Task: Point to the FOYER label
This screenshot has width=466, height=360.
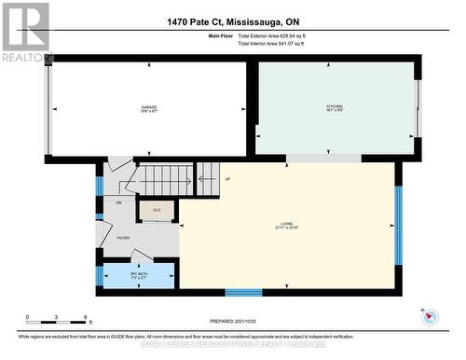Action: tap(123, 238)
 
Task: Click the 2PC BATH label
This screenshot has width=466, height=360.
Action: tap(138, 275)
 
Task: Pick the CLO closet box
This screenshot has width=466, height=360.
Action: tap(157, 211)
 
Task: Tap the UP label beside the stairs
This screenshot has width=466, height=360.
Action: tap(227, 179)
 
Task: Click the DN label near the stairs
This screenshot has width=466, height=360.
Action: tap(119, 202)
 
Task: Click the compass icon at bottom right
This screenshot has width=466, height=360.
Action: tap(430, 315)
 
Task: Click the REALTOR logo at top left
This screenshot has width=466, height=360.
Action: tap(25, 33)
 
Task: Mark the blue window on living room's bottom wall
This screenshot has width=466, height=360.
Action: tap(243, 291)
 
